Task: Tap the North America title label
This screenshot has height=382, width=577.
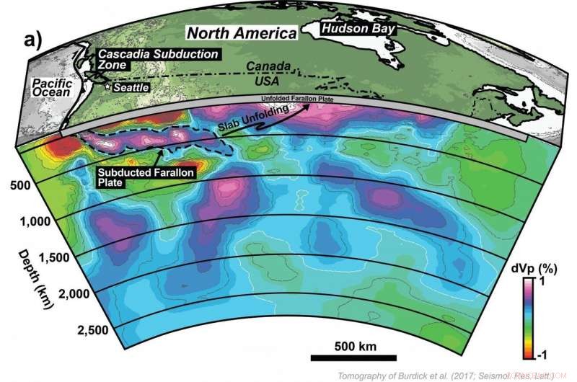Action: (242, 33)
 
